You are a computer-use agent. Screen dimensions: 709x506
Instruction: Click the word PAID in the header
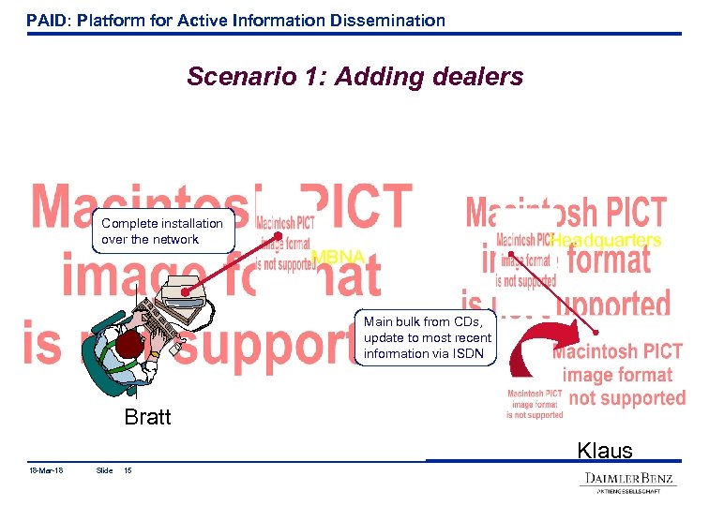[44, 20]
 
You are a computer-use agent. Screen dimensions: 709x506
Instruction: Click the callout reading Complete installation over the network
[162, 231]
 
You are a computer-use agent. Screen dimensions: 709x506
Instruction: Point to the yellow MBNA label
[338, 257]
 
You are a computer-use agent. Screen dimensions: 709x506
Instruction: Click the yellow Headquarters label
[606, 241]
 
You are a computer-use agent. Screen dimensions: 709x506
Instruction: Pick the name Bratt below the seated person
[147, 417]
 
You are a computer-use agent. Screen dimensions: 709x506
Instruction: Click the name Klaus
[605, 451]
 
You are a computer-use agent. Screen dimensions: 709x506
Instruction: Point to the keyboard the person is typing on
[161, 323]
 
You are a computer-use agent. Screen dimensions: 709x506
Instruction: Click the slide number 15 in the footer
[128, 470]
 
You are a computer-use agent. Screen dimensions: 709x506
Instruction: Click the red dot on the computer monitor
[187, 292]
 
